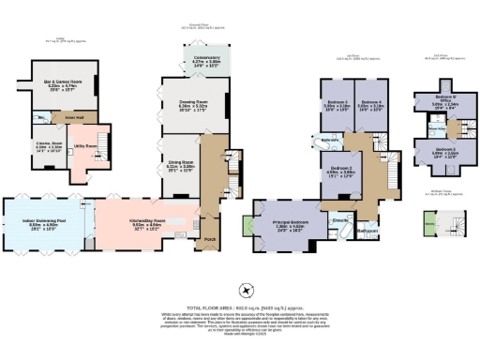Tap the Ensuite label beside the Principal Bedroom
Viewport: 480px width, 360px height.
[x=341, y=219]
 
